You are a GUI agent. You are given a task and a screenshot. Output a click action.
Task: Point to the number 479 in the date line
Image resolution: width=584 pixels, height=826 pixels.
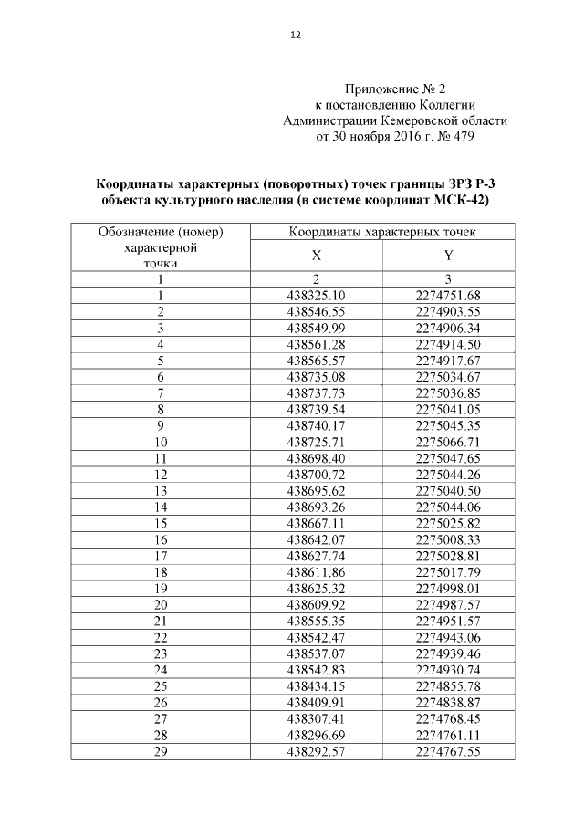click(459, 136)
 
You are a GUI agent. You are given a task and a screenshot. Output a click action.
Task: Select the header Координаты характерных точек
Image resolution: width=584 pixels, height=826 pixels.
click(381, 233)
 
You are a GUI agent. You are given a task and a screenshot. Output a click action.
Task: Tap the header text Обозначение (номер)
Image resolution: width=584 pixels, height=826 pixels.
click(160, 233)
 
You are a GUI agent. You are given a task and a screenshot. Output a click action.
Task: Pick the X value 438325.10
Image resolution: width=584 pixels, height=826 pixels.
click(316, 295)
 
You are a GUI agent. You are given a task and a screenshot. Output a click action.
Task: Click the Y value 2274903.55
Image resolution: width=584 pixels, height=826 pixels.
click(447, 311)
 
